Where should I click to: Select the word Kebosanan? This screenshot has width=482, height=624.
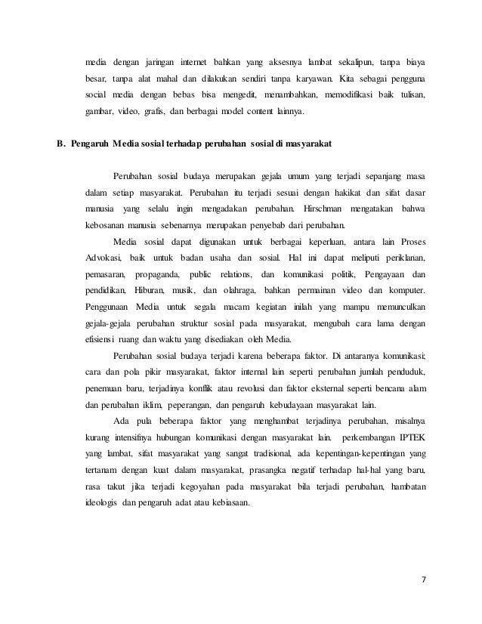104,226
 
